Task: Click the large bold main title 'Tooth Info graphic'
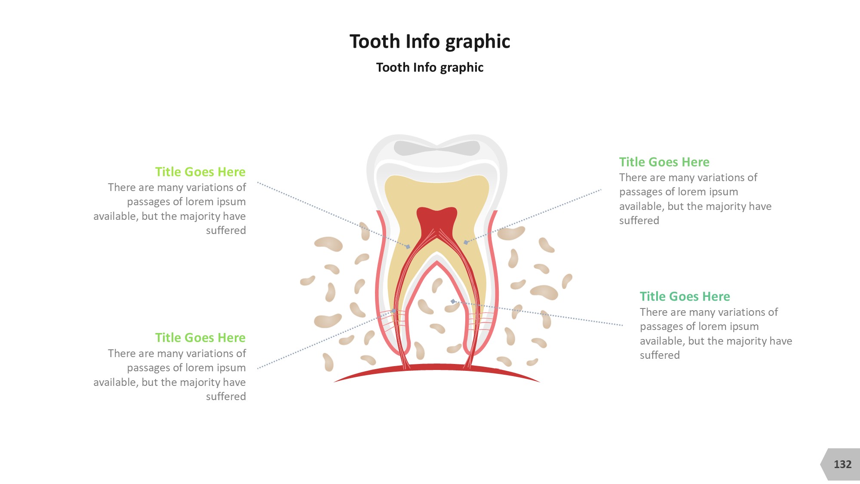tap(430, 42)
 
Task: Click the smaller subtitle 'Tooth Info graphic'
tap(430, 68)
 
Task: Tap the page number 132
tap(842, 464)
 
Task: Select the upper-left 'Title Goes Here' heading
tap(200, 172)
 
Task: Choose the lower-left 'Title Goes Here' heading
tap(200, 337)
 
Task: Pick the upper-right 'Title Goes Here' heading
tap(664, 162)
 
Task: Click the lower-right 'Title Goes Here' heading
tap(685, 296)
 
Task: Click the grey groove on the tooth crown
tap(437, 148)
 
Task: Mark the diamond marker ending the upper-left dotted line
tap(408, 247)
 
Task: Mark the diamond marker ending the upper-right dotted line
tap(466, 243)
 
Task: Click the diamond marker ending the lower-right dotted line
tap(453, 302)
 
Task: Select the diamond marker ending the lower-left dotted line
tap(393, 311)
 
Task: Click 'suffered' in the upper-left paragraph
tap(226, 230)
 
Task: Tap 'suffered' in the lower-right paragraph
tap(660, 355)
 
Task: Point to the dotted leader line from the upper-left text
tap(333, 215)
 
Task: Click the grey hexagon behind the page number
tap(841, 464)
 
